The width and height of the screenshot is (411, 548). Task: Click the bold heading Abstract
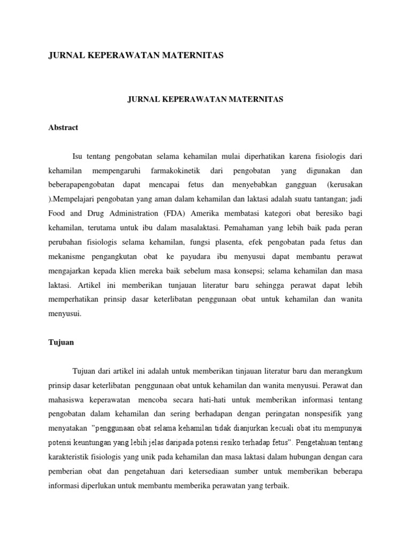63,127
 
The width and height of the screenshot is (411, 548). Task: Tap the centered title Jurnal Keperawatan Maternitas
205,99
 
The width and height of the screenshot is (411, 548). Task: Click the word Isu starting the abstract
78,156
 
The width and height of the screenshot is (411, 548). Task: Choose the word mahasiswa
67,399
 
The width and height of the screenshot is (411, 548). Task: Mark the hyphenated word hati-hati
233,399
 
